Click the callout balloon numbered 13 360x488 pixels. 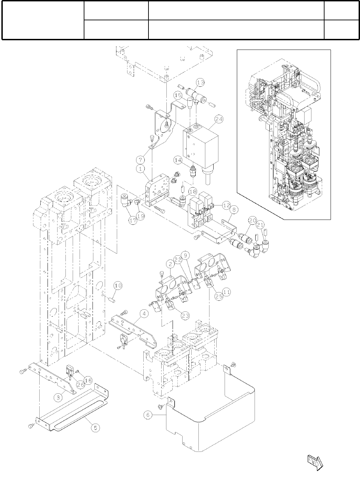(200, 83)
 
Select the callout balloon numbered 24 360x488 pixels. (219, 119)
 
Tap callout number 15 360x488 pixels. (178, 95)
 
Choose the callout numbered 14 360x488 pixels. (177, 160)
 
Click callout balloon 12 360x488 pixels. (226, 205)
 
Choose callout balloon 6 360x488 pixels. (148, 415)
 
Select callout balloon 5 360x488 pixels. (95, 428)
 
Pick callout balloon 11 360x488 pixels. (226, 292)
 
